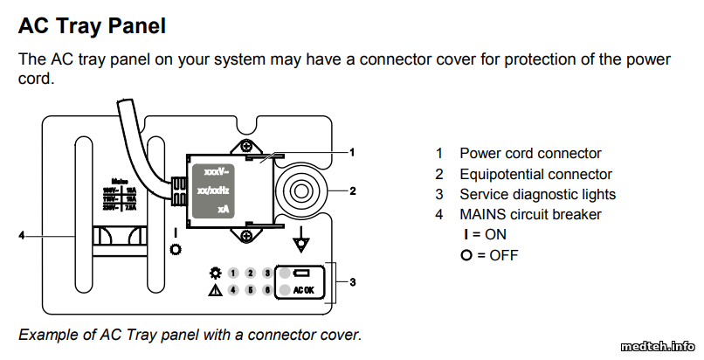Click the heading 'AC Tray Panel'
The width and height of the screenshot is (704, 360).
pos(92,26)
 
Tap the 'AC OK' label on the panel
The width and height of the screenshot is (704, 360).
pos(304,291)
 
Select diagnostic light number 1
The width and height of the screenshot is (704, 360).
pos(234,273)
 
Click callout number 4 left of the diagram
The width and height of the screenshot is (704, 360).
pos(22,234)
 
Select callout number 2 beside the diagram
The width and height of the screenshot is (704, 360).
pos(354,190)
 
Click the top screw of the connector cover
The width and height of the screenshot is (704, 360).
pos(247,145)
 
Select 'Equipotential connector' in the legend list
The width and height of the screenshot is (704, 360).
pos(535,174)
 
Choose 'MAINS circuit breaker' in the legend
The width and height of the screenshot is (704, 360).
pos(530,214)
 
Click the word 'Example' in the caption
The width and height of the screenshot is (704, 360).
pos(48,335)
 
